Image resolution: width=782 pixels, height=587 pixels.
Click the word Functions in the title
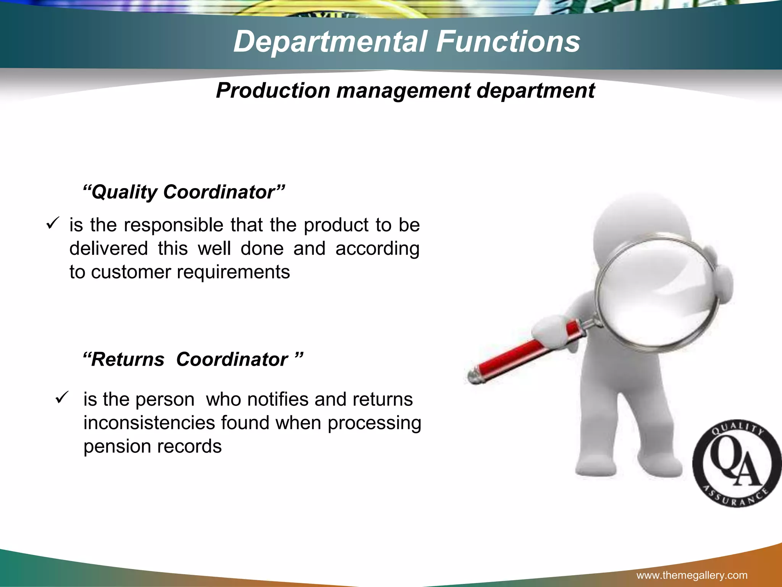[508, 41]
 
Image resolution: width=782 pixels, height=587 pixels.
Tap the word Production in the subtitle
[273, 91]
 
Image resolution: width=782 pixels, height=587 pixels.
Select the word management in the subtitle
[403, 91]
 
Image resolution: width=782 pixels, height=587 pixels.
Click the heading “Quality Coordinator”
[184, 191]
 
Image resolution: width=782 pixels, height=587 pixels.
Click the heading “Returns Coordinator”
[193, 359]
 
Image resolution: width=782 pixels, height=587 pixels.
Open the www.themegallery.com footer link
[692, 576]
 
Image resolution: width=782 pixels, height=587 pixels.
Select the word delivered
[108, 248]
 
